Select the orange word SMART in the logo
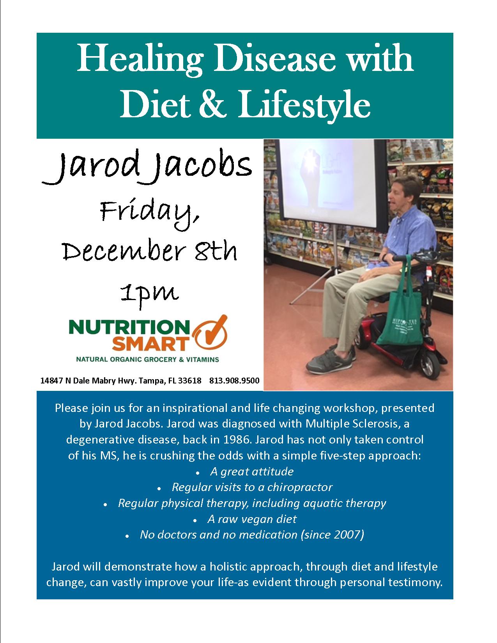(151, 344)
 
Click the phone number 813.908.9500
(234, 380)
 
